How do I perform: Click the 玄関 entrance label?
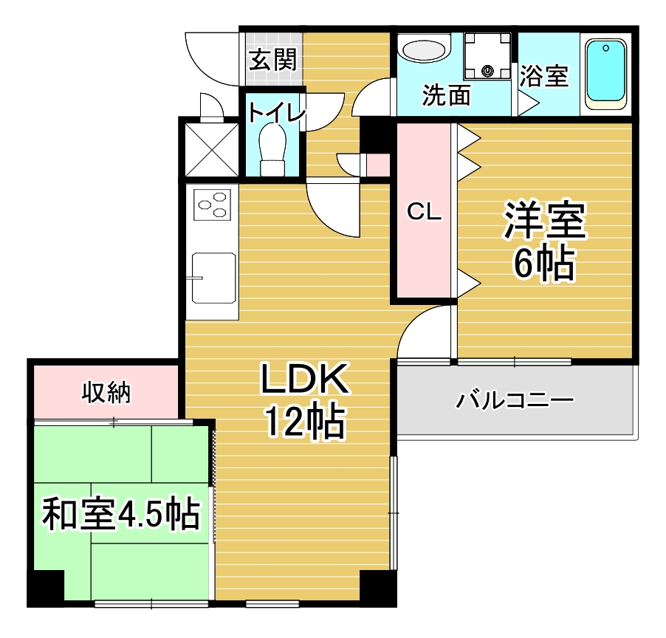[x=272, y=60]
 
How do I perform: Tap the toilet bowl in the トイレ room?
[x=272, y=149]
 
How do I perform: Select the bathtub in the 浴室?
[x=605, y=75]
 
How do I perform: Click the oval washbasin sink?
[x=425, y=50]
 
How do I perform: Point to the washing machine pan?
[x=487, y=56]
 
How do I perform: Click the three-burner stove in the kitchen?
[x=213, y=205]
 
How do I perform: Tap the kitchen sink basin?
[x=213, y=278]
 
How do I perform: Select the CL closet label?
[x=424, y=211]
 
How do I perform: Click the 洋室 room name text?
[x=545, y=221]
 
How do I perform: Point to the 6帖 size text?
[x=544, y=263]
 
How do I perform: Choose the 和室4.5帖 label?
[x=121, y=514]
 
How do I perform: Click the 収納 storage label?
[x=106, y=391]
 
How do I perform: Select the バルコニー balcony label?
[x=515, y=400]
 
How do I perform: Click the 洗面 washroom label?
[x=447, y=95]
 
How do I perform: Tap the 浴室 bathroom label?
[x=544, y=76]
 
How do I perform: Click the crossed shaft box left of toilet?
[x=212, y=149]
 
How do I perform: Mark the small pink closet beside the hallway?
[x=378, y=165]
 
